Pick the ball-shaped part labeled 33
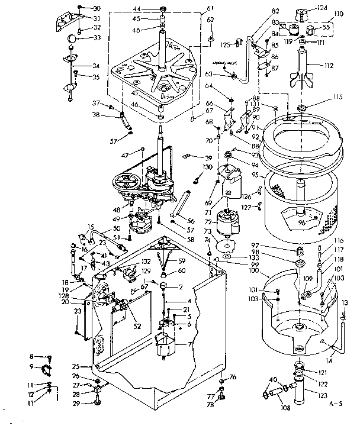71,38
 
